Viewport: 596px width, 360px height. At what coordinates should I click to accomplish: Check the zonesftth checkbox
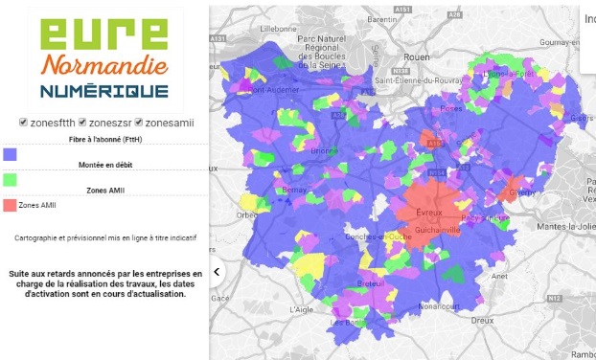pyautogui.click(x=23, y=123)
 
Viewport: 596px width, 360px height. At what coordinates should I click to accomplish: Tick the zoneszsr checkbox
pyautogui.click(x=82, y=123)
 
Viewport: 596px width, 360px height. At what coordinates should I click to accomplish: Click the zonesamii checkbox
pyautogui.click(x=140, y=123)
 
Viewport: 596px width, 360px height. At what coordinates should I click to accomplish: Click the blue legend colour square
pyautogui.click(x=11, y=153)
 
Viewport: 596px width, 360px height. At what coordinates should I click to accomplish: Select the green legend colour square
pyautogui.click(x=11, y=179)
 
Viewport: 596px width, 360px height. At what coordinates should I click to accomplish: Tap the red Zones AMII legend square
pyautogui.click(x=11, y=205)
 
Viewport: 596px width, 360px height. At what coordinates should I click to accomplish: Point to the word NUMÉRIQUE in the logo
pyautogui.click(x=104, y=92)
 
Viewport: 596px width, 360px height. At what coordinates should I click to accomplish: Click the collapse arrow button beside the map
pyautogui.click(x=217, y=272)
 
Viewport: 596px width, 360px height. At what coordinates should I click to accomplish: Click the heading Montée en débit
pyautogui.click(x=105, y=166)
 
